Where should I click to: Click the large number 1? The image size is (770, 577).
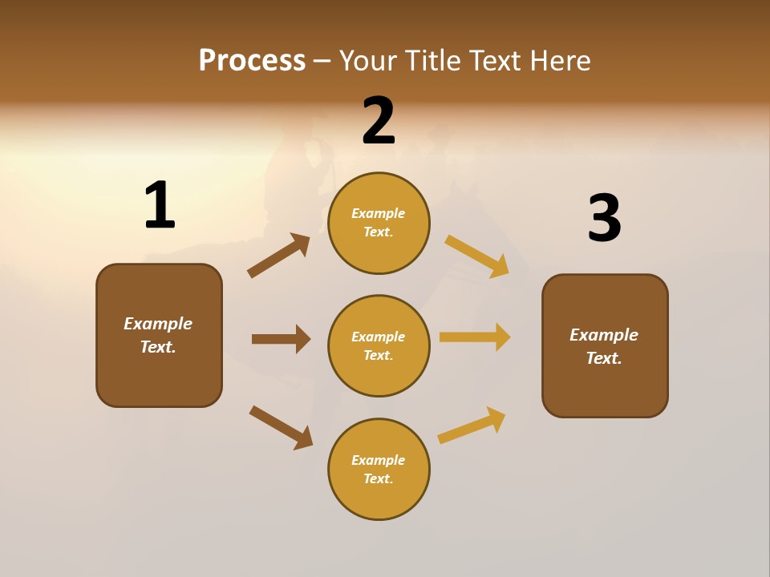tap(160, 205)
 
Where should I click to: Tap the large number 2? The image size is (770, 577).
tap(379, 122)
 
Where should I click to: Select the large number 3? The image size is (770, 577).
tap(604, 219)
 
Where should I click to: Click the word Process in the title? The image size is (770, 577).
tap(252, 60)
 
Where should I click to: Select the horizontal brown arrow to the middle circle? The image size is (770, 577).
tap(281, 339)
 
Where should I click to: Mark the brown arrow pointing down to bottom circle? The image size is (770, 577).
tap(281, 427)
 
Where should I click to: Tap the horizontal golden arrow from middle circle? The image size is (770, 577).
tap(475, 337)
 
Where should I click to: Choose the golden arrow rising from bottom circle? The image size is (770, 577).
tap(472, 425)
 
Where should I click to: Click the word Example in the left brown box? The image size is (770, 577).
tap(158, 324)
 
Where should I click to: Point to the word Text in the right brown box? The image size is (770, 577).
tap(602, 358)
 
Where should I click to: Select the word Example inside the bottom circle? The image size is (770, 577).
tap(379, 460)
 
